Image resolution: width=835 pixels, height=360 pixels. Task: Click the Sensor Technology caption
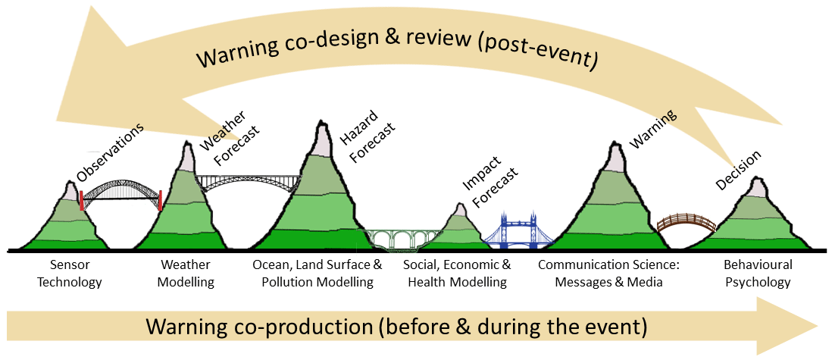[75, 274]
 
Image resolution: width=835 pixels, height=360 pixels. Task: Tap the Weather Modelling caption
[187, 274]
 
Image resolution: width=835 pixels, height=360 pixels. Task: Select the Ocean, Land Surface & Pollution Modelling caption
[317, 274]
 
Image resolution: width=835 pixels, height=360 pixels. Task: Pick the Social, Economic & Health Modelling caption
[457, 274]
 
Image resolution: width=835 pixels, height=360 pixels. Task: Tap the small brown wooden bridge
[686, 223]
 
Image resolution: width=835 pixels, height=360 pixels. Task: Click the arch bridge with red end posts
[121, 195]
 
